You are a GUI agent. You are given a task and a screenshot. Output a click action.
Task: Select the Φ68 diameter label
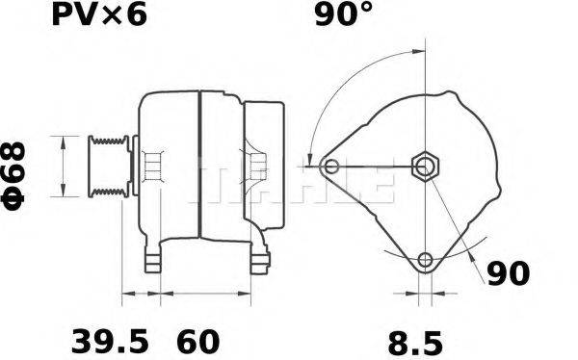pyautogui.click(x=21, y=167)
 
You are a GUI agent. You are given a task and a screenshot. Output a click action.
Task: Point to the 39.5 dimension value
pyautogui.click(x=112, y=341)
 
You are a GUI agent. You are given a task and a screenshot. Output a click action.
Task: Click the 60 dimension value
pyautogui.click(x=197, y=341)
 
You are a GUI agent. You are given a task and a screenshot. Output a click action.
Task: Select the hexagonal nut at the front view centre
pyautogui.click(x=425, y=167)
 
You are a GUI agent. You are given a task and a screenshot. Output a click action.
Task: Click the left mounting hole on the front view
pyautogui.click(x=332, y=167)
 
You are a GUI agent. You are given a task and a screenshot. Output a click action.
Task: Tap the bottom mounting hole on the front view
pyautogui.click(x=425, y=259)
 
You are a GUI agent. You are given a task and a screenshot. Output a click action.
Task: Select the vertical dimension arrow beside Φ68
pyautogui.click(x=65, y=167)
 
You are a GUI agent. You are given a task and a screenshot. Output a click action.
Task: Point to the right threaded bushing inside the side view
pyautogui.click(x=257, y=168)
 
